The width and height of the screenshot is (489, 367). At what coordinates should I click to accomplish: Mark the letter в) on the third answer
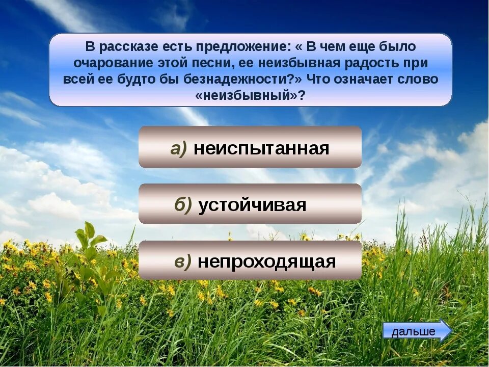click(x=183, y=261)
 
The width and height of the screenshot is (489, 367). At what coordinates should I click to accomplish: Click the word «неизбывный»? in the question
click(x=250, y=96)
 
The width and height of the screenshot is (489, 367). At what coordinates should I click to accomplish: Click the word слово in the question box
click(x=420, y=80)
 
